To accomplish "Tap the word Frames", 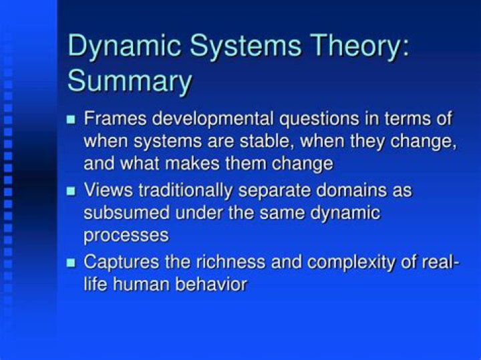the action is point(115,118).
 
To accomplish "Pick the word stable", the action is point(265,141).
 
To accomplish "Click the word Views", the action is point(108,190).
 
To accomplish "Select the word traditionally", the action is point(185,191).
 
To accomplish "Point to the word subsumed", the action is point(127,213).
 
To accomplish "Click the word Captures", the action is point(122,262).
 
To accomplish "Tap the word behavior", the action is point(211,285).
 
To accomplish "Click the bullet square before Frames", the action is point(71,120).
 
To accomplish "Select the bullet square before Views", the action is point(71,191).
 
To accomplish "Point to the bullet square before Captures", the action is point(71,262).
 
